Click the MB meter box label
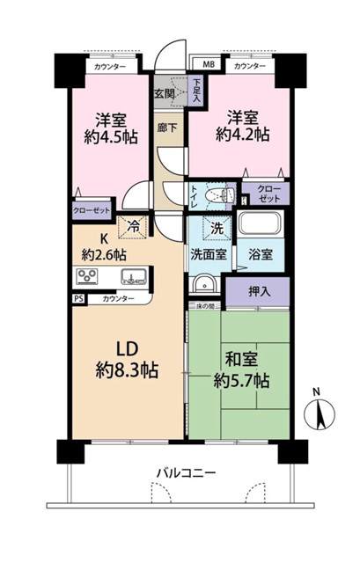(209, 64)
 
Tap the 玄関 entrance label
(165, 94)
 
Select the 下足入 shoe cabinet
(196, 90)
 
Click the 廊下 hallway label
(166, 128)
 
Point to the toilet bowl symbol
(219, 196)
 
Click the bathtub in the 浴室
(261, 224)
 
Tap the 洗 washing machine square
(217, 228)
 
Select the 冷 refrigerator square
(133, 227)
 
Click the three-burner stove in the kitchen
(87, 276)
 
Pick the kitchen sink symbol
(134, 276)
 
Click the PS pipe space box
(79, 299)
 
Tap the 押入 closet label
(260, 291)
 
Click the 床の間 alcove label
(205, 306)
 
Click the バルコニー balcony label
(186, 472)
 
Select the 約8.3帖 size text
(127, 369)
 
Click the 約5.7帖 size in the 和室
(241, 381)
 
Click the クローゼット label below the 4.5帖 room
(92, 210)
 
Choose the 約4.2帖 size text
(243, 135)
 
